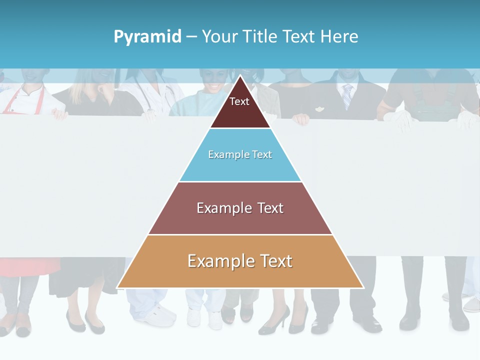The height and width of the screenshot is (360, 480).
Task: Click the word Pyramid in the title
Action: (147, 37)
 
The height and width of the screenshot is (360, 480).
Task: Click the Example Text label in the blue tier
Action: (240, 154)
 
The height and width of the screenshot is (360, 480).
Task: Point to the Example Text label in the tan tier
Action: (240, 261)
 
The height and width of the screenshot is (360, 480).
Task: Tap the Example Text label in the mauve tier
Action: (240, 208)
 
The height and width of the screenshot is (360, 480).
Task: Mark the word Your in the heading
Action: (220, 36)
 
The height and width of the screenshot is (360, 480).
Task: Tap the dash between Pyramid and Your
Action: (191, 37)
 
